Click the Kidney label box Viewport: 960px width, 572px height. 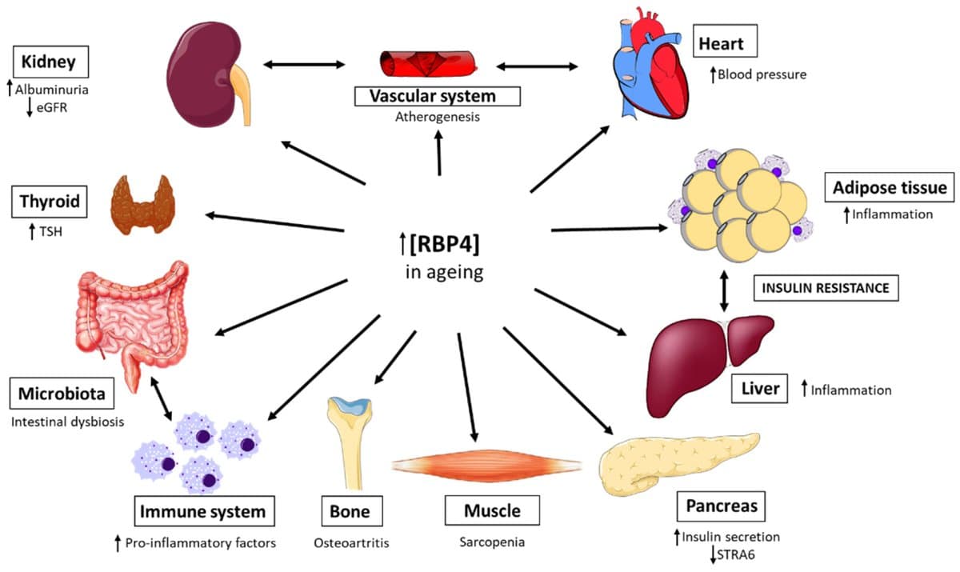click(50, 62)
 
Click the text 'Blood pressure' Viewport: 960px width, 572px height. click(762, 74)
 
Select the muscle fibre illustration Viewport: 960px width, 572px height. click(486, 465)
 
